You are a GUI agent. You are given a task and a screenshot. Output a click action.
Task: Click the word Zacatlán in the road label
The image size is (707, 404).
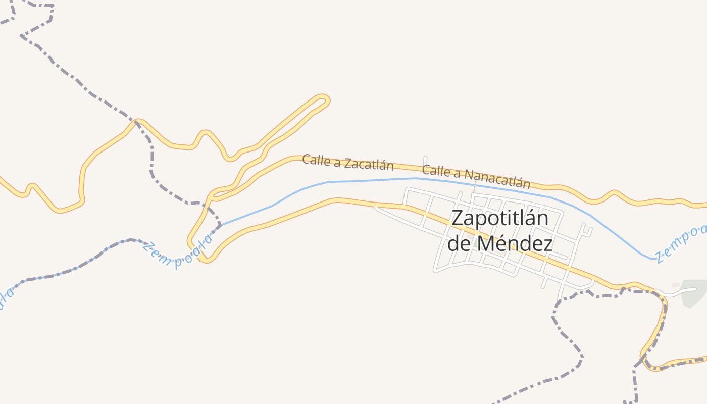[370, 164]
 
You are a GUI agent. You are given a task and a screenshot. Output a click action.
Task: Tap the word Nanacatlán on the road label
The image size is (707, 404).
[497, 178]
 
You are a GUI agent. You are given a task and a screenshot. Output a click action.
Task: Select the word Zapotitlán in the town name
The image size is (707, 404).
[499, 218]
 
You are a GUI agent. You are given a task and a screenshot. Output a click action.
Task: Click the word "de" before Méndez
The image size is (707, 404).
[459, 244]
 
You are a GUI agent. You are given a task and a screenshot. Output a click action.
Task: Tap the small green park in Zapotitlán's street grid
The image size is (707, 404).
[477, 244]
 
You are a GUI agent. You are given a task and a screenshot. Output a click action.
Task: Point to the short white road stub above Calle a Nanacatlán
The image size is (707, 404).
[425, 161]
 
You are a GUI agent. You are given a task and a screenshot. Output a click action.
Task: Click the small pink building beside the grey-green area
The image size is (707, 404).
[675, 285]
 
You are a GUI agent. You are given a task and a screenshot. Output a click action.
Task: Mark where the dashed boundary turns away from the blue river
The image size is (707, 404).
[219, 224]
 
